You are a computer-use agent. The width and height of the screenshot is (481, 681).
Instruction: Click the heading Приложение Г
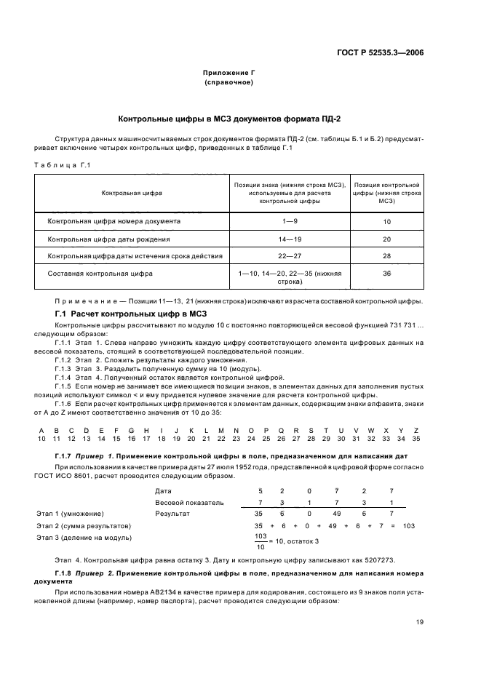click(x=229, y=73)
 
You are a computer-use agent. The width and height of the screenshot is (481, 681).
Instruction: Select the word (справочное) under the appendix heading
click(x=229, y=82)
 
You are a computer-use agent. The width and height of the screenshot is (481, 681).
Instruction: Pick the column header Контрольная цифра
click(x=132, y=193)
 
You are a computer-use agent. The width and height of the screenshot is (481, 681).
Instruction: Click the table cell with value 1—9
click(x=289, y=220)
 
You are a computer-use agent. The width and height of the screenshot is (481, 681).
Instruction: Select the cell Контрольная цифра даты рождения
click(x=109, y=239)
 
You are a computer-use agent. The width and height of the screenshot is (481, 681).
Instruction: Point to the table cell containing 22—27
click(x=289, y=256)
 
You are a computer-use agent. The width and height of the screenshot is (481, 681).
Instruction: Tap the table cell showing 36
click(x=386, y=274)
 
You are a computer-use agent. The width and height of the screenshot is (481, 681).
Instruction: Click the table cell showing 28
click(x=386, y=256)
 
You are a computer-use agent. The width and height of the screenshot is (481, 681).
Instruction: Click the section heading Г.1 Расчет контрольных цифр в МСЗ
click(x=123, y=313)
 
